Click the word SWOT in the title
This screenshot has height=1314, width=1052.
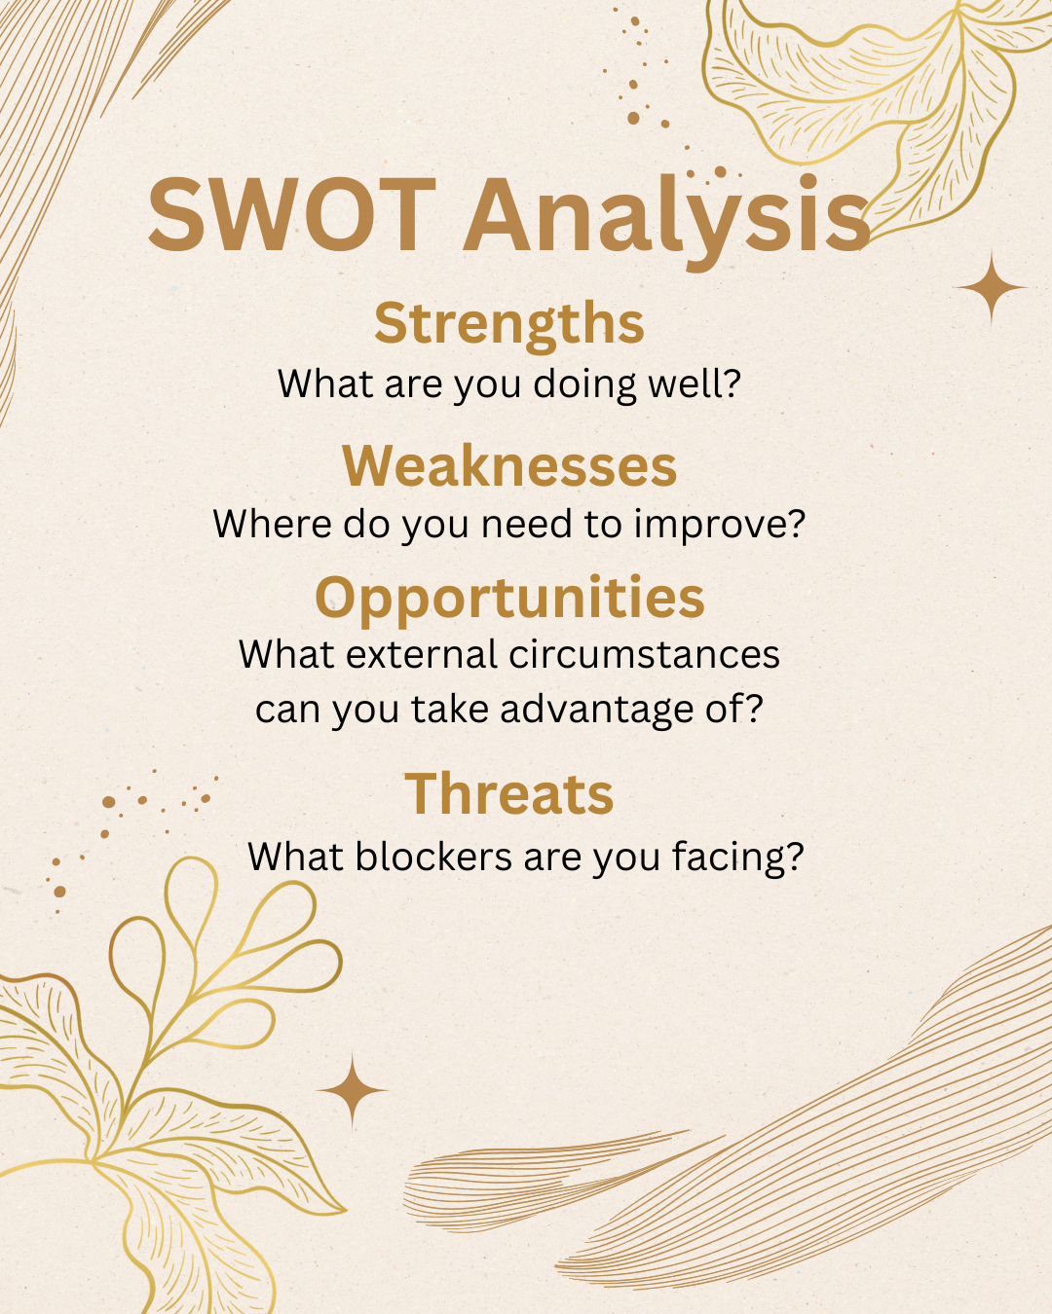[x=291, y=214]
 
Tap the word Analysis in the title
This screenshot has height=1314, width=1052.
[x=666, y=216]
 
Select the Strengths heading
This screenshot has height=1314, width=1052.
[x=508, y=323]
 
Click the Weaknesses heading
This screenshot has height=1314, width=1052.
[x=508, y=465]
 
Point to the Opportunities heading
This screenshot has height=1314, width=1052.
[x=508, y=598]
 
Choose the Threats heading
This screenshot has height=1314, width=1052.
[x=508, y=793]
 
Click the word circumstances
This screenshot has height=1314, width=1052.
[x=644, y=654]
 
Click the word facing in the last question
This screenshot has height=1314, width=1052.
[x=736, y=858]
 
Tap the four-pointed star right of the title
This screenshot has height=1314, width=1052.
[x=992, y=288]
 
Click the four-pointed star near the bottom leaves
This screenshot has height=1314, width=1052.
[x=353, y=1090]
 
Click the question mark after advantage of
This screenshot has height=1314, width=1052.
[x=752, y=709]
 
